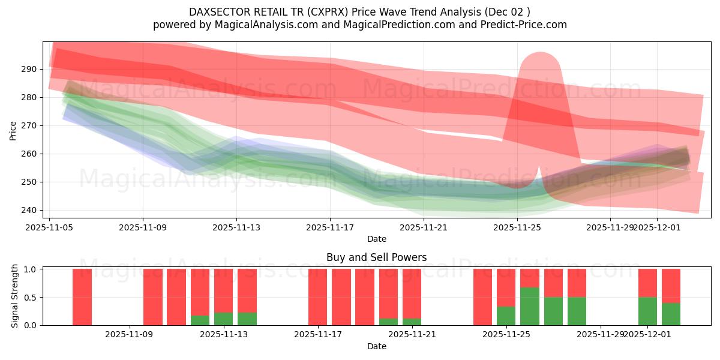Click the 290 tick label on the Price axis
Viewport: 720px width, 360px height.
coord(28,70)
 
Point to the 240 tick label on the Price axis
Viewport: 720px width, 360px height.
coord(28,210)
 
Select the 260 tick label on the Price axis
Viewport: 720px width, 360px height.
coord(28,154)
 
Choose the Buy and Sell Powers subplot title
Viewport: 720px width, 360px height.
coord(376,257)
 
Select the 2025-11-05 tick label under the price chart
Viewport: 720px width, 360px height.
coord(49,228)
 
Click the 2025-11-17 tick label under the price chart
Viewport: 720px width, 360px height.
coord(330,228)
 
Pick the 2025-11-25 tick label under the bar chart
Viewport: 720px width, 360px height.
coord(506,335)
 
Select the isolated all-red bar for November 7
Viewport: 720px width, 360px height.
coord(82,297)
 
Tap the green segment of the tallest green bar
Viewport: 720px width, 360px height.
coord(530,306)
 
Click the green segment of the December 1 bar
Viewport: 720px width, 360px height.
coord(647,311)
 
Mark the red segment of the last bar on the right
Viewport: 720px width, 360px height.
coord(671,286)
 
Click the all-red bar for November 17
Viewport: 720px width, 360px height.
coord(318,297)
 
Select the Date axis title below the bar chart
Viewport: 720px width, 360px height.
coord(376,346)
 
